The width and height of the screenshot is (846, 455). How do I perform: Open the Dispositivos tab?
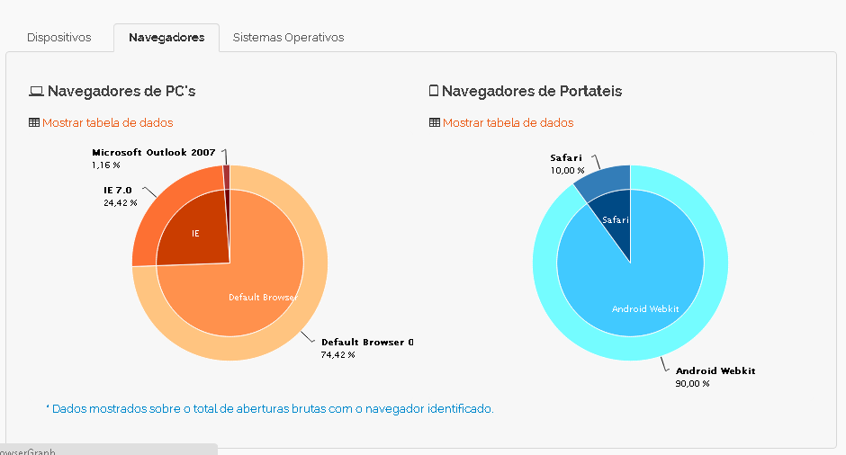coord(59,38)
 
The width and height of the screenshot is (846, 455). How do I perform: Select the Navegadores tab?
coord(166,38)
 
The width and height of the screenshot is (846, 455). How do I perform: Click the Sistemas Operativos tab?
coord(288,38)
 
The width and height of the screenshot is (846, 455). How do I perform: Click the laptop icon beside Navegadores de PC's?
coord(36,91)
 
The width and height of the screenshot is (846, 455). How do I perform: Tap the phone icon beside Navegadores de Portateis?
coord(434,91)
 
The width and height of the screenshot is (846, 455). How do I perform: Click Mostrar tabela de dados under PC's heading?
coord(107,122)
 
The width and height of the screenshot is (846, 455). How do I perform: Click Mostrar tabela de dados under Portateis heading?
coord(508,122)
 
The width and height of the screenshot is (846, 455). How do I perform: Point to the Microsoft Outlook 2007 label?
coord(153,153)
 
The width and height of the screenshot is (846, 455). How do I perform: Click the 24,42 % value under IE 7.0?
coord(121,203)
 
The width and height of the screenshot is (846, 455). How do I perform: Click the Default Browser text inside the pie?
coord(262,298)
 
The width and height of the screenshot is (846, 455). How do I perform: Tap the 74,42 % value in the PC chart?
coord(337,355)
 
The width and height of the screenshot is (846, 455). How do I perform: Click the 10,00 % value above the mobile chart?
coord(567,170)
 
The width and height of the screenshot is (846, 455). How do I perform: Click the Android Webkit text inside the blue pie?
coord(645,309)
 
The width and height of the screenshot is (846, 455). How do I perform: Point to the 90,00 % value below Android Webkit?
coord(692,384)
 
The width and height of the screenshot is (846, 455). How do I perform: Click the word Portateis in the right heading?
coord(590,91)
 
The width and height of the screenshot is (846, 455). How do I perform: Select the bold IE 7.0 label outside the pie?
coord(117,191)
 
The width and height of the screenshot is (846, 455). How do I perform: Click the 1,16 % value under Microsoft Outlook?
coord(105,165)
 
